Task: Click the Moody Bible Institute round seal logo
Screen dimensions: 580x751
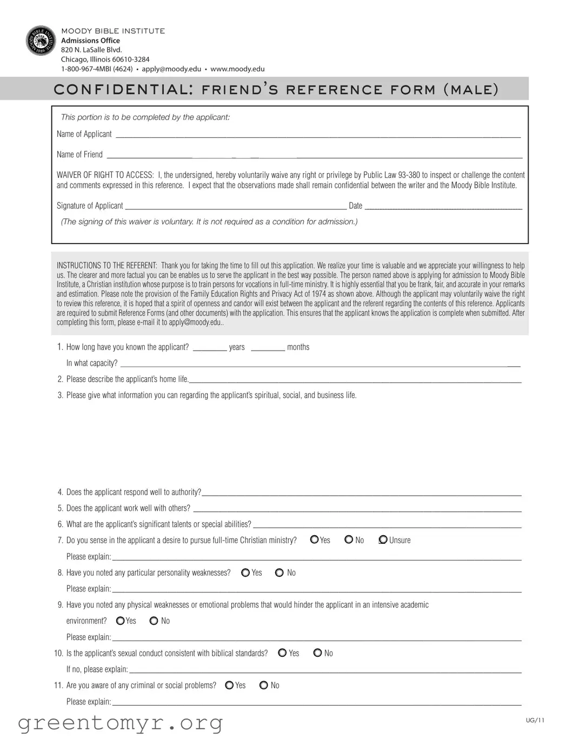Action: [41, 41]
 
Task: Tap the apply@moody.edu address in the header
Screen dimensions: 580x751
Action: [171, 69]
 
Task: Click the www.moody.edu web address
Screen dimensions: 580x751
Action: [237, 69]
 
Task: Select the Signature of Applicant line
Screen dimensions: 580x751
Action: [236, 207]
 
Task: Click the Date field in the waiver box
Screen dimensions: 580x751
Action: [443, 207]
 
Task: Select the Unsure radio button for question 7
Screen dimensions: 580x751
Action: [383, 539]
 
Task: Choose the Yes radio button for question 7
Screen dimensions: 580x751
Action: [315, 539]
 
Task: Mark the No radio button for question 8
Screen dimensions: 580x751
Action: [279, 572]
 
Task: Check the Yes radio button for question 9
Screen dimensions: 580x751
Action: [121, 621]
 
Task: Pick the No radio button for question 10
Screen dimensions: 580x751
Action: [318, 653]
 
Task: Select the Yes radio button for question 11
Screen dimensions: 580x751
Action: [230, 686]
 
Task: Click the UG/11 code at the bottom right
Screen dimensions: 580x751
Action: [535, 720]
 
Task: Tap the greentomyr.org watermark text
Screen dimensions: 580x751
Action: [121, 723]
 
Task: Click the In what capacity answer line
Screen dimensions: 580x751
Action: [319, 365]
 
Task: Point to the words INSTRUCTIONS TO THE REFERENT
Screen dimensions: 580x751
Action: [107, 266]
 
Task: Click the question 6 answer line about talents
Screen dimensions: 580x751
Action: [387, 525]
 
